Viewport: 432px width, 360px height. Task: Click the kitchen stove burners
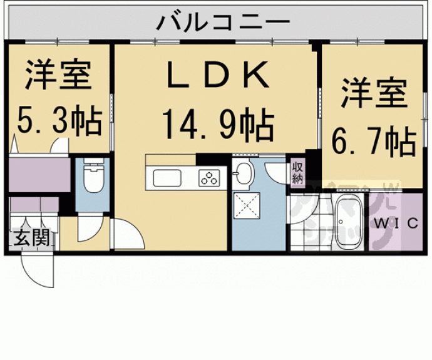pyautogui.click(x=208, y=178)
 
